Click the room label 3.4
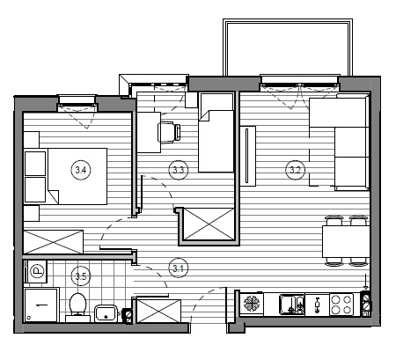point(81,170)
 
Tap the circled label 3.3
point(178,170)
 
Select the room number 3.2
point(295,170)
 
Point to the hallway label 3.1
point(178,268)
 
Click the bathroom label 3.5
point(81,276)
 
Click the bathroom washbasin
point(106,313)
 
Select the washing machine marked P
point(35,271)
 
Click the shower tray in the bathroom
point(41,305)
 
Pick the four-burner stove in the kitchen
point(341,305)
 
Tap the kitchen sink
point(292,305)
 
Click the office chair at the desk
point(169,132)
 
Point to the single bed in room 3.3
point(216,133)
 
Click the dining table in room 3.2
point(346,241)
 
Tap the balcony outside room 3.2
point(288,47)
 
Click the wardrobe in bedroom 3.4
point(53,242)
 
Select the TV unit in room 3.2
point(248,156)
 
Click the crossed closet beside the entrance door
point(159,311)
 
